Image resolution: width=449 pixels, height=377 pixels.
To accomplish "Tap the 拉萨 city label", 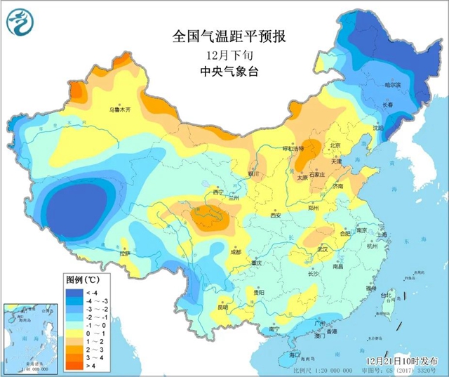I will pyautogui.click(x=125, y=253).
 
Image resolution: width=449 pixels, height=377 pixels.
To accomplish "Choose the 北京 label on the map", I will pyautogui.click(x=335, y=145).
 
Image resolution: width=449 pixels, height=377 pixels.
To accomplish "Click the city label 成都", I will pyautogui.click(x=236, y=251).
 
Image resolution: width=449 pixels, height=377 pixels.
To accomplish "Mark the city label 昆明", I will pyautogui.click(x=222, y=307).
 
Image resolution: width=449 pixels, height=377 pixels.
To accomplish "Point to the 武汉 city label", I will pyautogui.click(x=323, y=249).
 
